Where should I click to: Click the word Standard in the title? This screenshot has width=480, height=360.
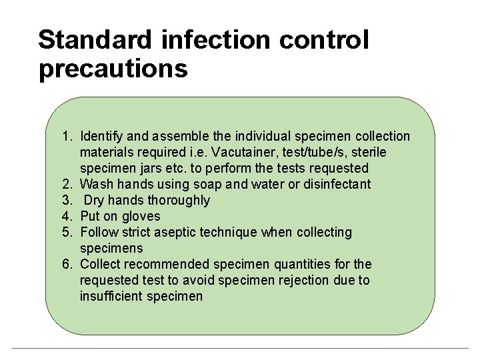(95, 40)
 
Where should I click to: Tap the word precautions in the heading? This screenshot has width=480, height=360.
(113, 69)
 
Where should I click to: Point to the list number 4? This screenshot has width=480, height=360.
(67, 217)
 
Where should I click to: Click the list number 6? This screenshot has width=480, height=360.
(67, 265)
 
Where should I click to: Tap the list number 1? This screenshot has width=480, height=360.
(67, 137)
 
